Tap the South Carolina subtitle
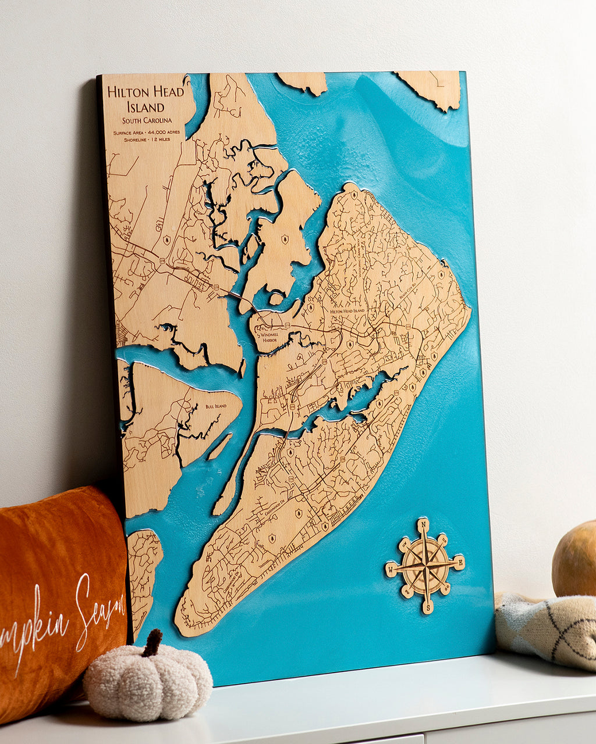click(x=147, y=120)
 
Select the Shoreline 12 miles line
click(x=147, y=140)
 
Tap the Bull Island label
click(x=215, y=406)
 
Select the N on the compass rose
click(x=424, y=525)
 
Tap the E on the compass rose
click(x=459, y=561)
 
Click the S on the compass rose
click(x=428, y=608)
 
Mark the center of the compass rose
click(x=426, y=565)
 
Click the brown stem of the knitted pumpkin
click(x=152, y=642)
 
